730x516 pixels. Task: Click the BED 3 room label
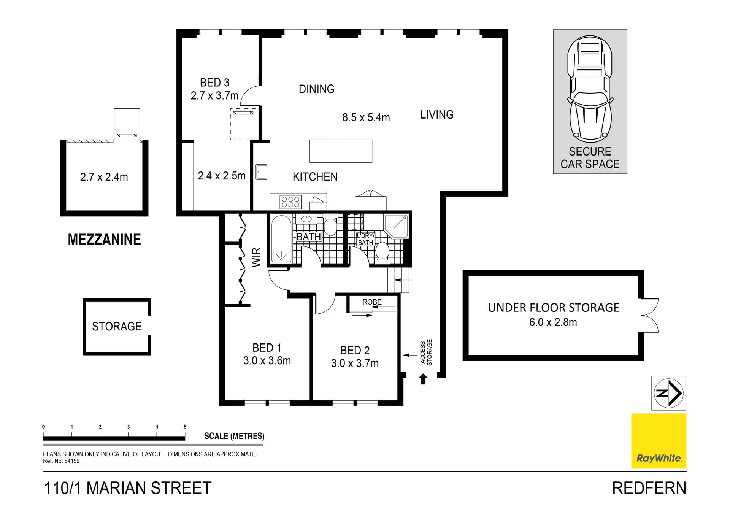pos(214,83)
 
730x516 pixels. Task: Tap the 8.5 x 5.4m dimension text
pos(366,117)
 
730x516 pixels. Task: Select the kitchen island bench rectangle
pos(341,151)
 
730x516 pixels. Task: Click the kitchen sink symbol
pos(261,172)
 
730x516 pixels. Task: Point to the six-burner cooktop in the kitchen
pos(290,202)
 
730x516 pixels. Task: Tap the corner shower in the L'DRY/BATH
pos(396,227)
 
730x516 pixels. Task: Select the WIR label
pos(257,257)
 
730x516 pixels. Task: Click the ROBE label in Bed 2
pos(372,302)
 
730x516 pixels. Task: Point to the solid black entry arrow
pos(423,379)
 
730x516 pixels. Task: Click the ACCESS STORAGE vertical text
pos(426,352)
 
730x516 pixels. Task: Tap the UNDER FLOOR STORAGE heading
pos(553,308)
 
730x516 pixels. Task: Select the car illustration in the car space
pos(590,87)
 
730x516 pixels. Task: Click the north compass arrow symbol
pos(668,393)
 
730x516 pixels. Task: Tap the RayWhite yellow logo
pos(659,441)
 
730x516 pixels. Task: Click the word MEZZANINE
pos(104,240)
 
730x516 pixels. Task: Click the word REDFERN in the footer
pos(649,488)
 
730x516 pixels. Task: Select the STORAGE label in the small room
pos(117,326)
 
